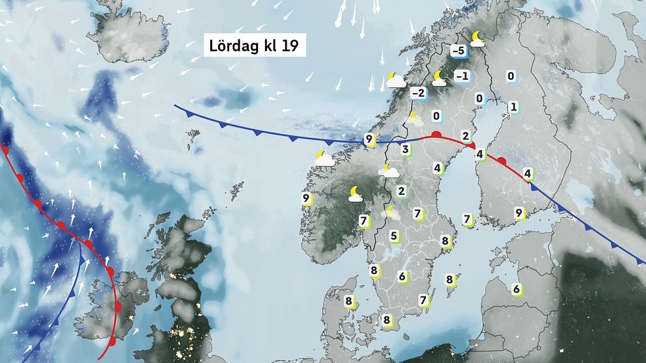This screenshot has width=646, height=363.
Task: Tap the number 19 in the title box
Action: pos(288,46)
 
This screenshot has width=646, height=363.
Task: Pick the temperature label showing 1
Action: pos(513,107)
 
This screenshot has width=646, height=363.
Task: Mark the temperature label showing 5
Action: pos(393,235)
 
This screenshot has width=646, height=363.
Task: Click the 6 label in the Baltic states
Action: pos(516,289)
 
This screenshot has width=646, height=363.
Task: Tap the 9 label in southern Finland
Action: pos(518,213)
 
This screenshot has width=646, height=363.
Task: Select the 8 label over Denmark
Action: pos(349,301)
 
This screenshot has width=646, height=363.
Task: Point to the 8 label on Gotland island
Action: pos(449,280)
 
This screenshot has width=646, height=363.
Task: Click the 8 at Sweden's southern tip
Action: pos(387,320)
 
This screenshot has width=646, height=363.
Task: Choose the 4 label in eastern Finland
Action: pos(527,174)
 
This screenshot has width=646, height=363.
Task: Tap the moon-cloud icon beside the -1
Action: pos(440,78)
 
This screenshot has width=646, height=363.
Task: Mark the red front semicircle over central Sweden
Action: pos(437,135)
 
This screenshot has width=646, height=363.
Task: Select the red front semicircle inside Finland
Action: pos(501,160)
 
